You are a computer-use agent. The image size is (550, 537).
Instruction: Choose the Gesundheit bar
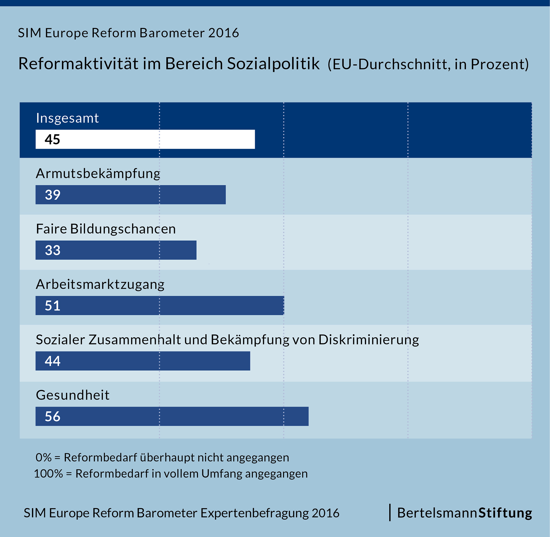click(172, 416)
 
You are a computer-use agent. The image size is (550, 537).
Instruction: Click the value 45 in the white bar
click(52, 140)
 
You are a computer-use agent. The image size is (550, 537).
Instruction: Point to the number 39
click(52, 195)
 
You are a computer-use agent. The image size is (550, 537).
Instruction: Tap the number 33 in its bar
click(52, 250)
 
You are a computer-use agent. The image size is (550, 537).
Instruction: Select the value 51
click(52, 306)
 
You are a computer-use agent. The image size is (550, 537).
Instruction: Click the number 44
click(52, 361)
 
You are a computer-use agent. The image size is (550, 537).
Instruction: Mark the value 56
click(52, 416)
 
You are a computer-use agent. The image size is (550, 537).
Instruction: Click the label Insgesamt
click(67, 118)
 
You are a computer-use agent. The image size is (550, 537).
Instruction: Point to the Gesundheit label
click(72, 395)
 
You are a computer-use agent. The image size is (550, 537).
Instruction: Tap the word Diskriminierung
click(368, 340)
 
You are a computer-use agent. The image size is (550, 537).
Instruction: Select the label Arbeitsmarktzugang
click(100, 284)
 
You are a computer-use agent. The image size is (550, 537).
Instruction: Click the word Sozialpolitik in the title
click(273, 64)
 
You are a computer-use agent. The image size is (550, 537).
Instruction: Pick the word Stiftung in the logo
click(505, 513)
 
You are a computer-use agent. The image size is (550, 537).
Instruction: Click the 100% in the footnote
click(48, 474)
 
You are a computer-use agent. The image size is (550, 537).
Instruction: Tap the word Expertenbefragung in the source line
click(255, 513)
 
